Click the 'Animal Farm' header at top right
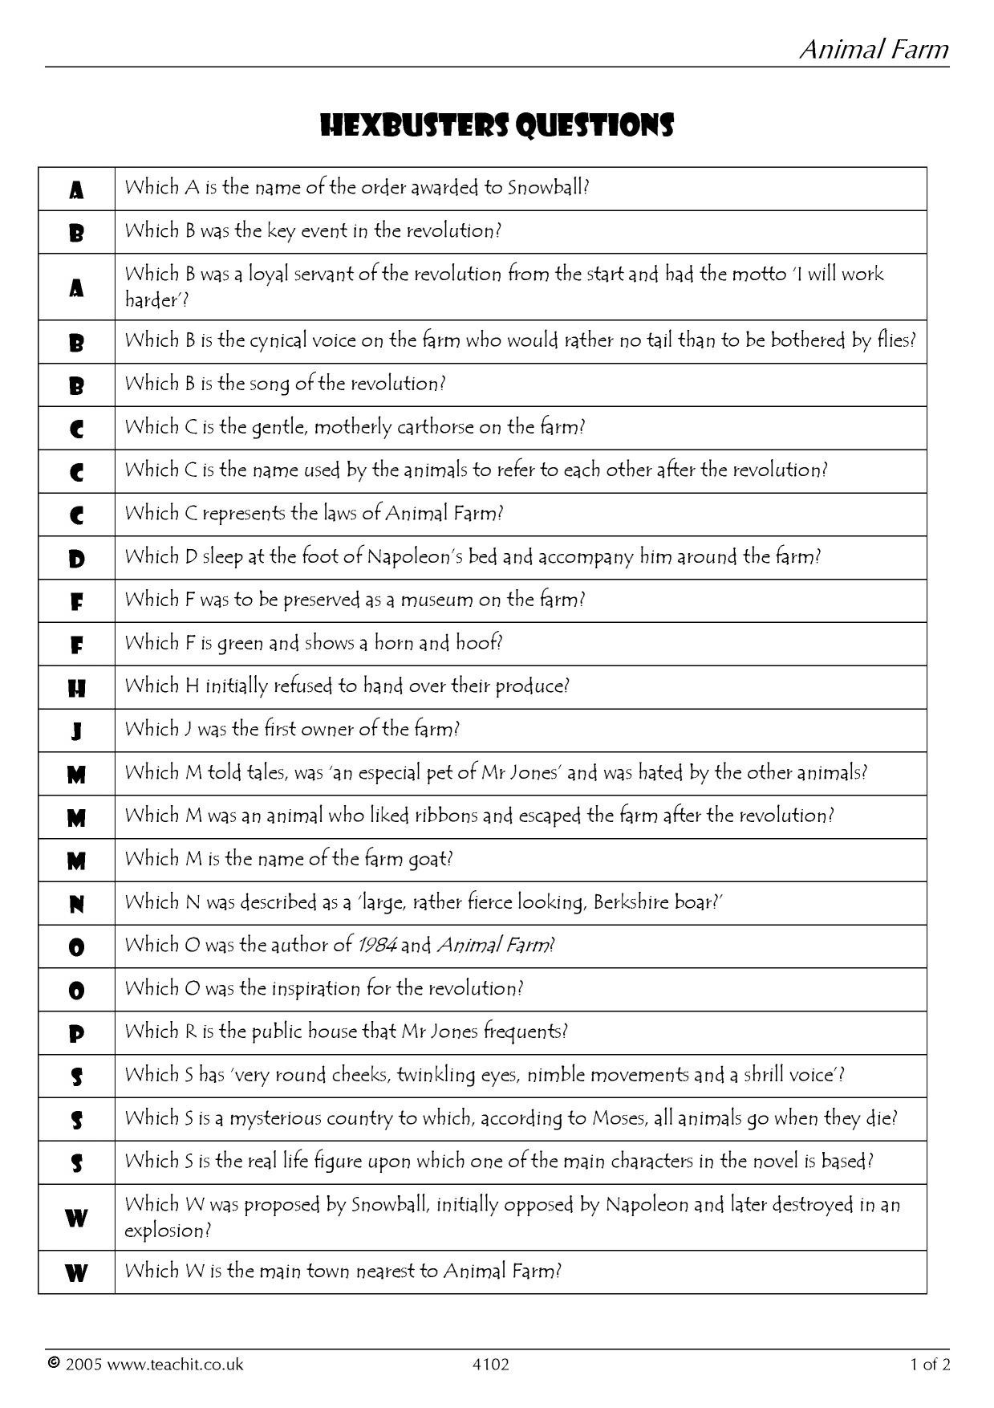click(x=874, y=50)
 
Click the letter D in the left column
click(x=76, y=559)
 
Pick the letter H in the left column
click(x=76, y=688)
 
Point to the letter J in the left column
click(x=76, y=731)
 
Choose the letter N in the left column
click(x=76, y=905)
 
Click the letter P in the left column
click(x=76, y=1035)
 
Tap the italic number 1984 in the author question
click(x=377, y=946)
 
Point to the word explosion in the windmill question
click(x=164, y=1231)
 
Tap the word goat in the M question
click(x=432, y=860)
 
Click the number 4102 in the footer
click(x=491, y=1364)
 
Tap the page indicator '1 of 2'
click(x=930, y=1364)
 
